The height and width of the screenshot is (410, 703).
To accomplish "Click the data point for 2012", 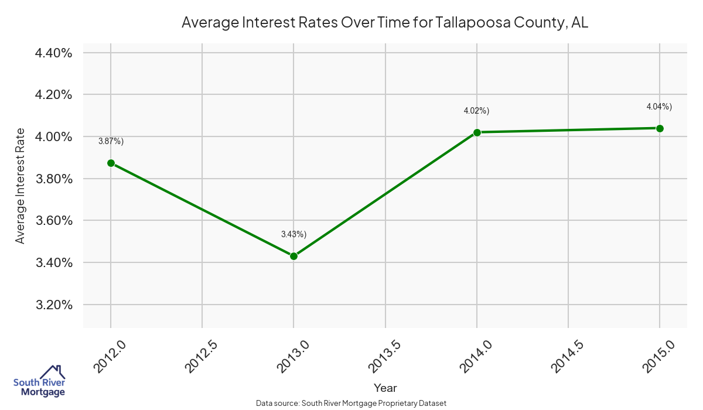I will (111, 163).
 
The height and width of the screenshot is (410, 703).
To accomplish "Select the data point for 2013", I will (294, 256).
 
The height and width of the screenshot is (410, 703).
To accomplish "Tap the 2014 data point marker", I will (477, 132).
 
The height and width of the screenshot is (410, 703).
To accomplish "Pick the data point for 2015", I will (660, 128).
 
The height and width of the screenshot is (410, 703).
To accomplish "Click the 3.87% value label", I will (111, 141).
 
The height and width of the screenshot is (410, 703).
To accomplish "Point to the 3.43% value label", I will (294, 234).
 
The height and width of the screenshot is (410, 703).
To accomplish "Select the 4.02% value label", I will (476, 111).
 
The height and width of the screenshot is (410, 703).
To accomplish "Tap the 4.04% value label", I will (659, 107).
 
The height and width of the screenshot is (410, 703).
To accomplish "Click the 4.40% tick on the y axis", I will (53, 53).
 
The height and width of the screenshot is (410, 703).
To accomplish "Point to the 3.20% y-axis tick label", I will (53, 305).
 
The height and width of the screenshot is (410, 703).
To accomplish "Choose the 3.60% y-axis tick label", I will (53, 221).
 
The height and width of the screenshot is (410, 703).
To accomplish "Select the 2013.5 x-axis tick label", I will (385, 356).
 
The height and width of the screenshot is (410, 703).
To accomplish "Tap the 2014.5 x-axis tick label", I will (568, 356).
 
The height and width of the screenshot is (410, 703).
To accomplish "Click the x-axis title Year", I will (385, 388).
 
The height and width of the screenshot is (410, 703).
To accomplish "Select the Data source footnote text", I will (351, 403).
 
